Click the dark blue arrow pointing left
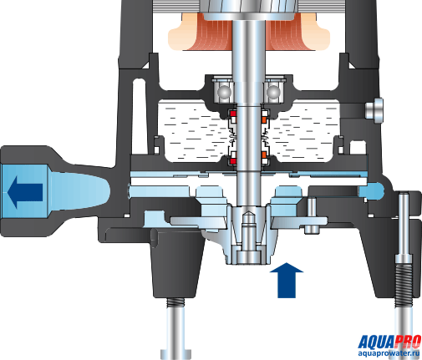tap(24, 192)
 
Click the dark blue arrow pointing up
tap(287, 280)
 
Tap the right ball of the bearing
tap(273, 92)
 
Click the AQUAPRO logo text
tap(389, 342)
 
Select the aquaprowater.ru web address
tap(389, 353)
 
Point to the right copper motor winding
tap(290, 32)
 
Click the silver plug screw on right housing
tap(374, 110)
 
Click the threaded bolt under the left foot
tap(175, 302)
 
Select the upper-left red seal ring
tap(232, 114)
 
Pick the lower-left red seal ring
tap(232, 161)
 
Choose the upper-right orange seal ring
tap(264, 119)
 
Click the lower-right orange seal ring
tap(264, 155)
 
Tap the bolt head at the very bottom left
tap(175, 353)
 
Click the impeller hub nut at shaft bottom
tap(248, 256)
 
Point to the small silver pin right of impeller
tap(312, 215)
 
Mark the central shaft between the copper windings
tap(248, 36)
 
